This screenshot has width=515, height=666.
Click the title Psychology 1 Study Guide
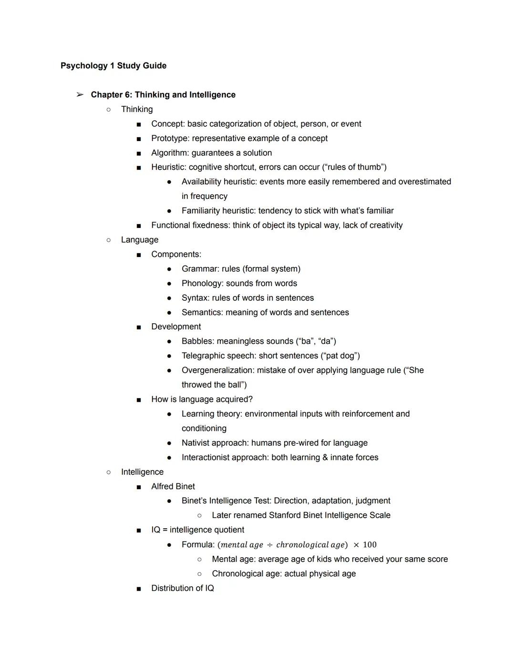click(x=113, y=66)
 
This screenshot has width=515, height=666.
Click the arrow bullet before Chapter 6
click(x=80, y=95)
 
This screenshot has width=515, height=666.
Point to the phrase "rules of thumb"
click(x=354, y=167)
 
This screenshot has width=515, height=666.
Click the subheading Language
click(x=140, y=240)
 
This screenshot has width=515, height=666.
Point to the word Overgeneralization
click(x=218, y=370)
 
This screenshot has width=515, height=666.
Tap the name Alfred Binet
click(x=173, y=487)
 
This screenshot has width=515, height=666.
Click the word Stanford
click(x=287, y=515)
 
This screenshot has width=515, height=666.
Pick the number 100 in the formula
click(x=370, y=545)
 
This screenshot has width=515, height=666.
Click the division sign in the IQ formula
click(x=270, y=545)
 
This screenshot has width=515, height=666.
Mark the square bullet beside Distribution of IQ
click(x=139, y=589)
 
